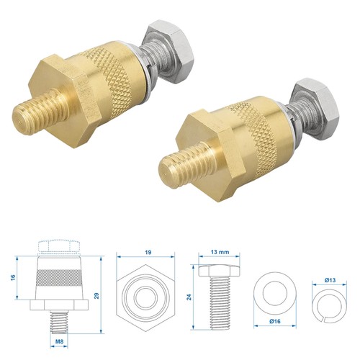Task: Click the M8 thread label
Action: point(59,341)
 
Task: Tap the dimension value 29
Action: point(96,296)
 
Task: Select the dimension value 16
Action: point(13,277)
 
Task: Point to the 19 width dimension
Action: point(148,252)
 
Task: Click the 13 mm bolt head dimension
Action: point(220,252)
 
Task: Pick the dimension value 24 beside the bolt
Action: point(189,297)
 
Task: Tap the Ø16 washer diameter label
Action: point(275,321)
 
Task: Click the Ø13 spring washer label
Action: point(330,280)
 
